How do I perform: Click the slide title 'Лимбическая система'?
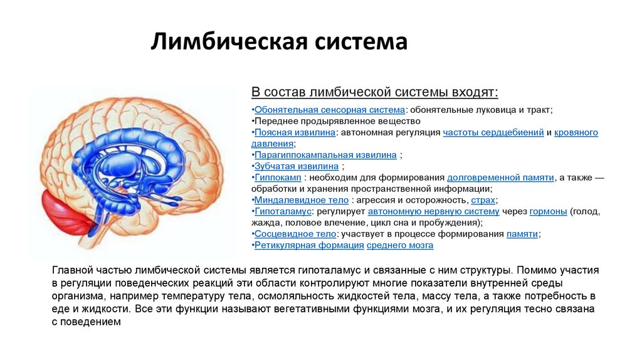pos(279,43)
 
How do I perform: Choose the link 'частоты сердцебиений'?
pos(493,132)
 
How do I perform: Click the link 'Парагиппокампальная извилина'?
pos(325,155)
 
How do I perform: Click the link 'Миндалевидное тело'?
pos(301,200)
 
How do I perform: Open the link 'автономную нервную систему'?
pos(433,211)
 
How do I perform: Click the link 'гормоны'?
pos(548,211)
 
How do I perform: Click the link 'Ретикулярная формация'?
pos(309,245)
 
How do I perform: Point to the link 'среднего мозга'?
pos(400,245)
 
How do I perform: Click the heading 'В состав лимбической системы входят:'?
pos(375,92)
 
